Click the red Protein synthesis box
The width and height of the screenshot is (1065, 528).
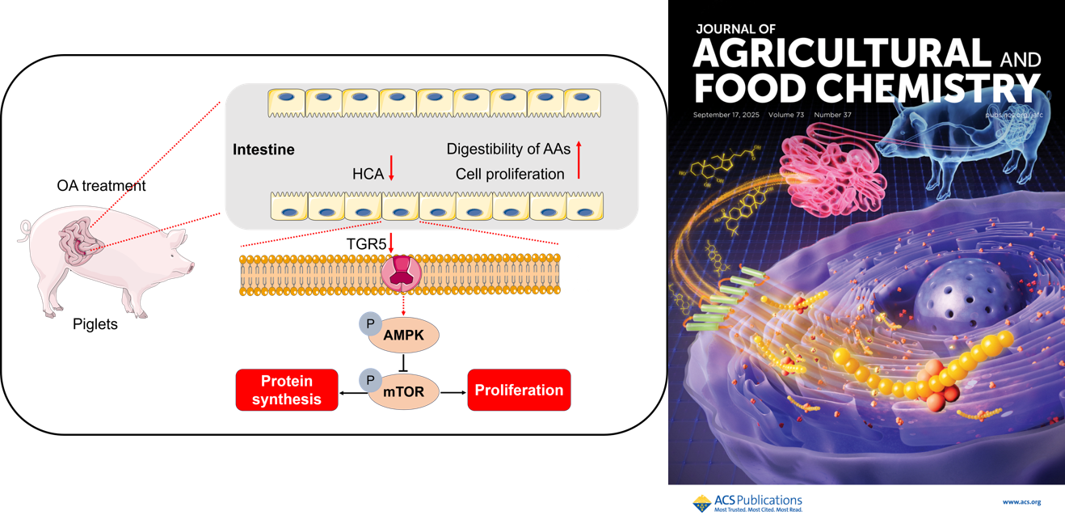[287, 390]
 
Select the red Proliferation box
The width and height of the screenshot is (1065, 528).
[519, 390]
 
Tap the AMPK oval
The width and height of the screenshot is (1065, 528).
[404, 336]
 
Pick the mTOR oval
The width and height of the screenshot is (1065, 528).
[404, 392]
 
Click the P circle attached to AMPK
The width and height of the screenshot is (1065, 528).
[370, 324]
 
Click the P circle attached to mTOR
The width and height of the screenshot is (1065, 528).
[370, 380]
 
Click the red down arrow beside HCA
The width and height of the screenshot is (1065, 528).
[392, 168]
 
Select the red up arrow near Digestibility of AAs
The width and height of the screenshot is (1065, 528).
[579, 159]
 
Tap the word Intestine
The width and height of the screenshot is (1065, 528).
[263, 150]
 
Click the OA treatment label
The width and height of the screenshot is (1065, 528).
[101, 186]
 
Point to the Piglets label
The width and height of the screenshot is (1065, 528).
[95, 324]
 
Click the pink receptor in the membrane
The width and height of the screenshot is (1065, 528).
[401, 273]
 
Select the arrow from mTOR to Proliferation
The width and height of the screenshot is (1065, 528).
[453, 392]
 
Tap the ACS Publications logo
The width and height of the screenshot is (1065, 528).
[747, 503]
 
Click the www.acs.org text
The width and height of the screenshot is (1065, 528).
[1021, 502]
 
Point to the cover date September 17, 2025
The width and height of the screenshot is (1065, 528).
[726, 115]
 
